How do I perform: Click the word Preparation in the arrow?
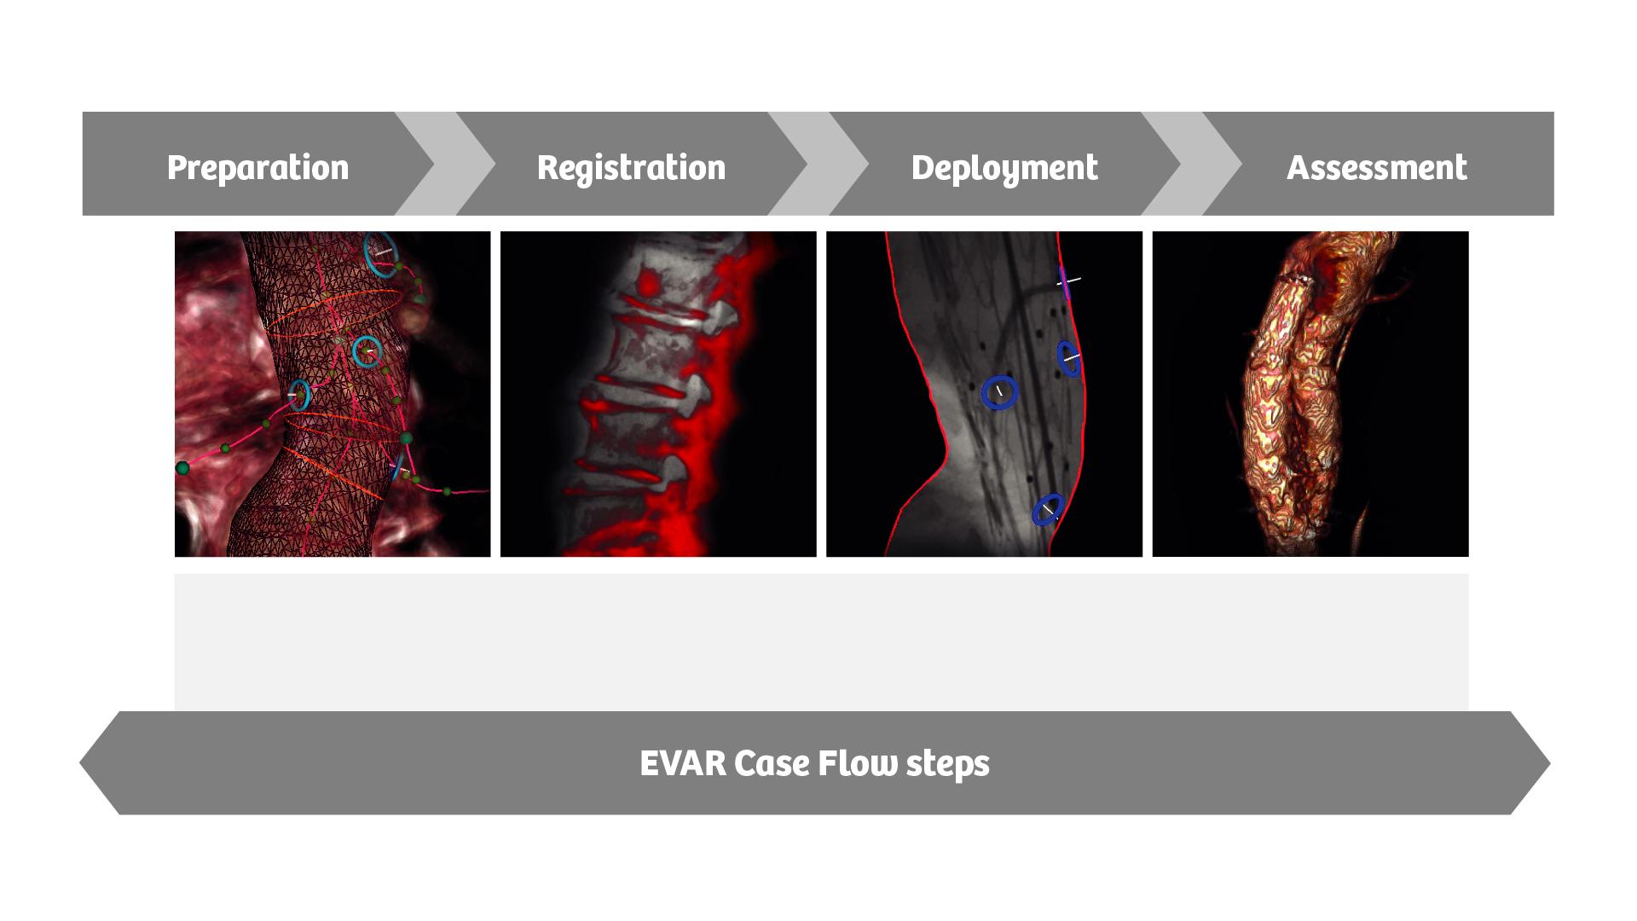257,167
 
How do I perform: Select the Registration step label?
631,167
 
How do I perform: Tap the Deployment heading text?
1004,167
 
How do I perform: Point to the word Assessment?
1376,167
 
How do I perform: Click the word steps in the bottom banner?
947,762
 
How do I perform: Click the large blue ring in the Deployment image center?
999,392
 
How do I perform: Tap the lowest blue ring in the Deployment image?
1048,509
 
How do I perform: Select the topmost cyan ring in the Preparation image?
380,253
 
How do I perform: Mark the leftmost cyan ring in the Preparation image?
298,395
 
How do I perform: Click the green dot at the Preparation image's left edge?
182,467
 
